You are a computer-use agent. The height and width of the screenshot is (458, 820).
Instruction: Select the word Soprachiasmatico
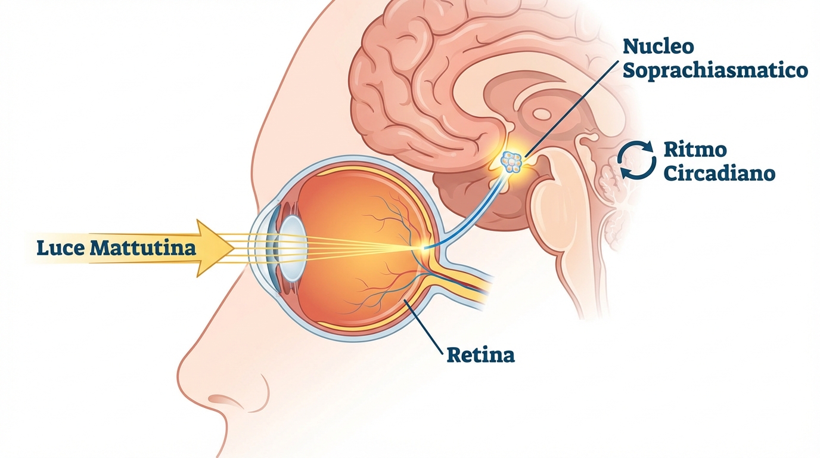click(715, 71)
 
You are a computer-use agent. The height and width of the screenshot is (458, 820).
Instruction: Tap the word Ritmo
click(695, 150)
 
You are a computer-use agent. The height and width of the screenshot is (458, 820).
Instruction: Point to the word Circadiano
click(719, 174)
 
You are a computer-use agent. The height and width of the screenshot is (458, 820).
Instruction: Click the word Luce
click(61, 248)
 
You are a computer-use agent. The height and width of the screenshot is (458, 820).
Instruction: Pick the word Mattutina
click(143, 248)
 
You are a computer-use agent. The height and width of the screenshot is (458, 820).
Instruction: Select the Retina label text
click(481, 355)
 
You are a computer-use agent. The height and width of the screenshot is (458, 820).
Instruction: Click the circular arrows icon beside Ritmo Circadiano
click(636, 160)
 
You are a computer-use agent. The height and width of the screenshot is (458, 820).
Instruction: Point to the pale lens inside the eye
click(293, 249)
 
